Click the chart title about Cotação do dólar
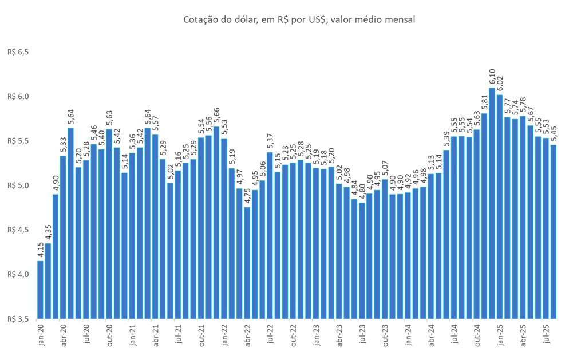[299, 20]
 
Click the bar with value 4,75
[247, 263]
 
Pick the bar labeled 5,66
[216, 223]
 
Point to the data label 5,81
[484, 102]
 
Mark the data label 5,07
[385, 169]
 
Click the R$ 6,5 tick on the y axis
[18, 52]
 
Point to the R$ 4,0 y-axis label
[18, 274]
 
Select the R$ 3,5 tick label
[18, 318]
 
